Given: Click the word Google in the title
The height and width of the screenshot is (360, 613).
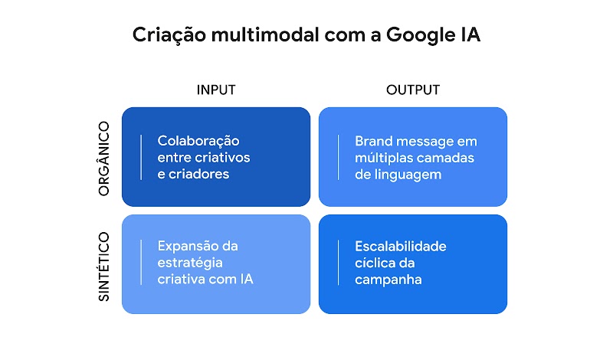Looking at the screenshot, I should click(x=421, y=35).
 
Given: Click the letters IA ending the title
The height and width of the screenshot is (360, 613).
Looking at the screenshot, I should click(x=470, y=35).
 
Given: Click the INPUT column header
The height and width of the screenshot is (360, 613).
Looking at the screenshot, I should click(x=216, y=90).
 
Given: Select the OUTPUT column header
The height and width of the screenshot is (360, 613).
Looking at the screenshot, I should click(x=413, y=90).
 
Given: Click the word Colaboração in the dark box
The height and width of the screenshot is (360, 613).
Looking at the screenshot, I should click(x=198, y=141).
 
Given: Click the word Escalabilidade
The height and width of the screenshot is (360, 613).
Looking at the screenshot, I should click(x=401, y=246).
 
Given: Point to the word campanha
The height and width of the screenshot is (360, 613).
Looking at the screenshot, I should click(x=388, y=280).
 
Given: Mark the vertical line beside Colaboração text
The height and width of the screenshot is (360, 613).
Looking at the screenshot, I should click(x=141, y=157).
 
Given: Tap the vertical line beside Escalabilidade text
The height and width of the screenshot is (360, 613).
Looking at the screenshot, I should click(x=338, y=263).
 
